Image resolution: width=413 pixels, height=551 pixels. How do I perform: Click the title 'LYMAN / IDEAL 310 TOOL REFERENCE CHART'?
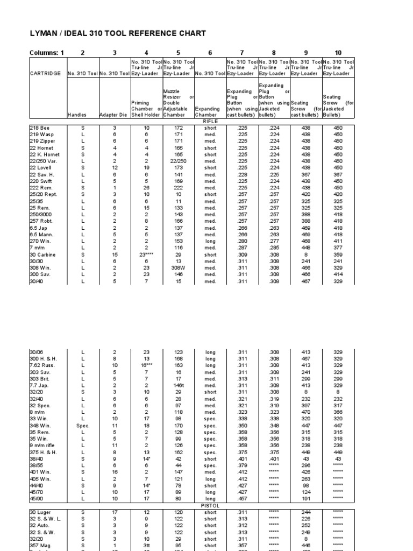click(x=117, y=33)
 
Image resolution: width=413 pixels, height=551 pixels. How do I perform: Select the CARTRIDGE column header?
click(x=45, y=73)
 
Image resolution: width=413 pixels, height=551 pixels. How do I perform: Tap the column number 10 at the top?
click(x=338, y=53)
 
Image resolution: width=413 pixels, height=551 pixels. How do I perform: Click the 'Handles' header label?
click(x=76, y=115)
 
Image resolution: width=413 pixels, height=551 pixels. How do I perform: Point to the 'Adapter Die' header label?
click(x=115, y=115)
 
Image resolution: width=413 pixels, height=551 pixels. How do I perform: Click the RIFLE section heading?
click(x=210, y=122)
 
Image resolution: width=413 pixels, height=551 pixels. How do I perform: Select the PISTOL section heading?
click(x=210, y=506)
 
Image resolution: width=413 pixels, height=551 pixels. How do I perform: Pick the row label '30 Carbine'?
click(x=42, y=255)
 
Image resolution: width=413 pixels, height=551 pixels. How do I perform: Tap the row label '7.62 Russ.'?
click(x=41, y=365)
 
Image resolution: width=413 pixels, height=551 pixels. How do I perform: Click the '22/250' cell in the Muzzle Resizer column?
click(x=178, y=161)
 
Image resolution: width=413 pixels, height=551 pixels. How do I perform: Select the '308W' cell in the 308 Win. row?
click(x=178, y=267)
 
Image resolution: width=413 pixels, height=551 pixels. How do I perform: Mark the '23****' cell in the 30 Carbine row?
click(x=146, y=255)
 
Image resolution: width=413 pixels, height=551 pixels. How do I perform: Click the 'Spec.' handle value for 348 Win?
click(x=83, y=425)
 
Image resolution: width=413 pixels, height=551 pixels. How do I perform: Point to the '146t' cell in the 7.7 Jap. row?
click(x=178, y=385)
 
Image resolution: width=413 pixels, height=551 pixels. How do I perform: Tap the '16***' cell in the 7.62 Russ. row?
click(x=146, y=365)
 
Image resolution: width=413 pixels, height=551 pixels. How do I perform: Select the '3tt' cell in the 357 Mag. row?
click(x=146, y=545)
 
